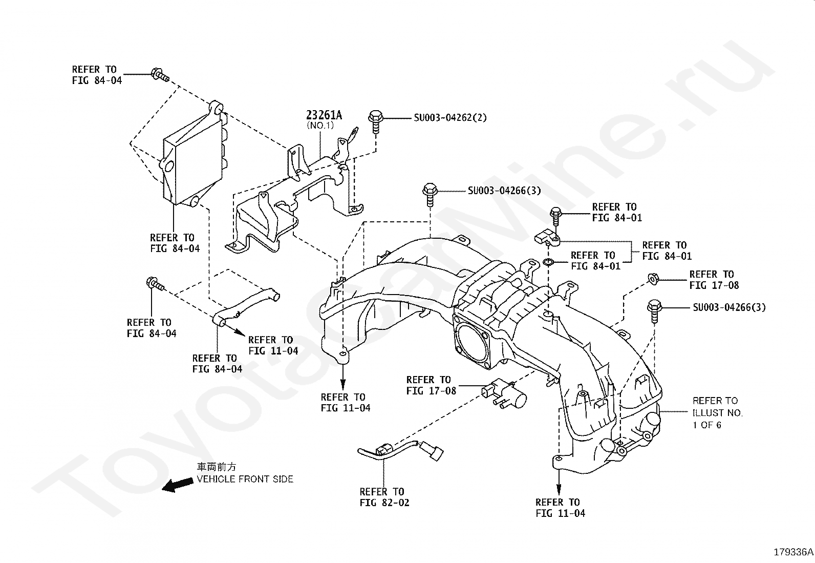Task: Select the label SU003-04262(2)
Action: coord(450,118)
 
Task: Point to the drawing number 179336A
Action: coord(793,552)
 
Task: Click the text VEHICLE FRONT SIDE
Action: coord(245,479)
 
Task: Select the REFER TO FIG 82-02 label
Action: coord(384,497)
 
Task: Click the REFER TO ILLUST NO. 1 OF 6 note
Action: coord(717,412)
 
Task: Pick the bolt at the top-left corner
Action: coord(158,75)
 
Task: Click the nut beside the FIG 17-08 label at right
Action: coord(653,279)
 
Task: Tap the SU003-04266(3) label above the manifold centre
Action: coord(504,191)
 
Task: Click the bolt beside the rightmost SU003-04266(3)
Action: coord(654,310)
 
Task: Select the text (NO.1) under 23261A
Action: coord(320,126)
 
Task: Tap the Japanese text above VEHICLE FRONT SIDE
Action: coord(217,467)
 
